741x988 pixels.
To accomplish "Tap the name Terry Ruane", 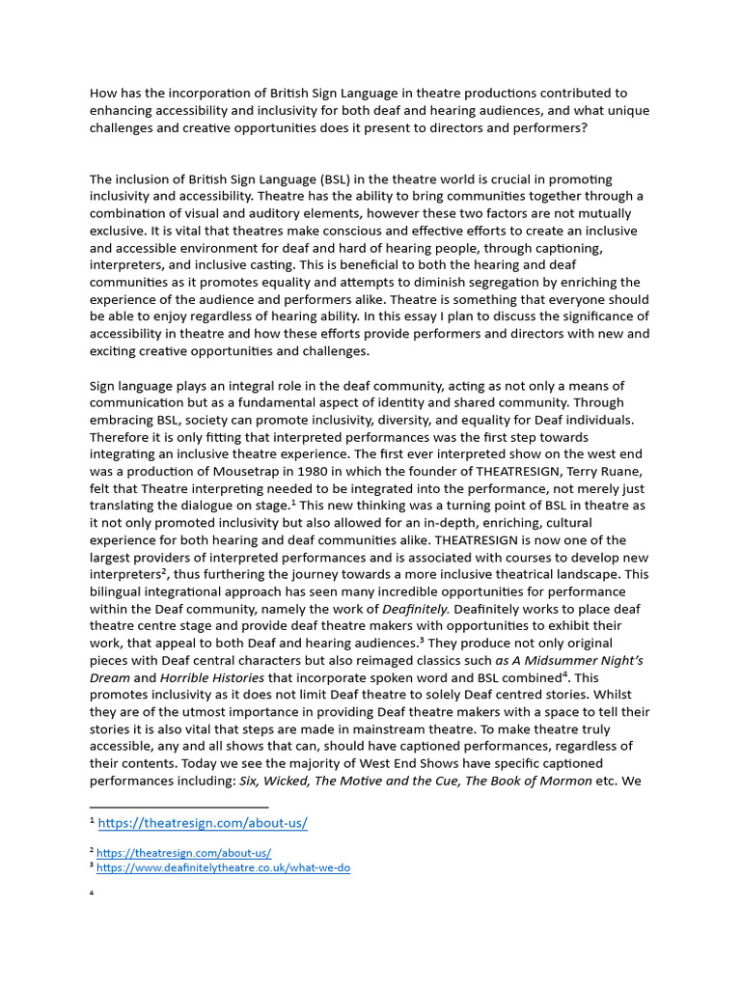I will (x=576, y=472).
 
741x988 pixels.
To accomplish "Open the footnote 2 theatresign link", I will (x=183, y=853).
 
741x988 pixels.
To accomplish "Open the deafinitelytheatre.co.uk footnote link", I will (x=223, y=867).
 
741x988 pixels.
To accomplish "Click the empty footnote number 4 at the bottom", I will (x=92, y=893).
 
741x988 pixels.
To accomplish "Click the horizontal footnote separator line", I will (x=178, y=807).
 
